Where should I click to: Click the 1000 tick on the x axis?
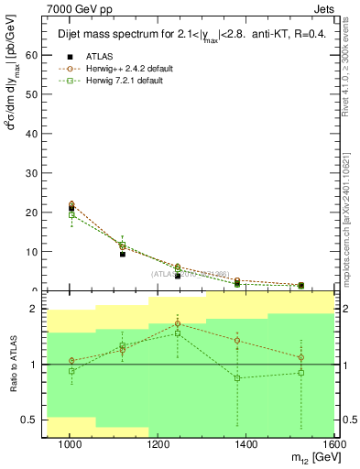70,445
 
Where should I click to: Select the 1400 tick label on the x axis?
249,445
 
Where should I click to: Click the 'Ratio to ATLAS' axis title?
11,365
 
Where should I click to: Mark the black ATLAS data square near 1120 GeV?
122,254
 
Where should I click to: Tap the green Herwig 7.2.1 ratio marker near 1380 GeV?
237,377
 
